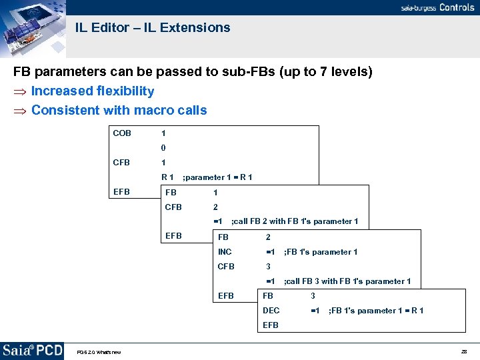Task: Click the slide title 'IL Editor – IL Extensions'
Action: pyautogui.click(x=153, y=28)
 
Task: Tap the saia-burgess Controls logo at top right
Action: pyautogui.click(x=437, y=8)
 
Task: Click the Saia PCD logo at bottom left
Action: pyautogui.click(x=32, y=351)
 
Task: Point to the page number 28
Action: pyautogui.click(x=463, y=351)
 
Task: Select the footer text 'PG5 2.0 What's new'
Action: pyautogui.click(x=99, y=352)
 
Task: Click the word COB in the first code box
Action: pyautogui.click(x=122, y=133)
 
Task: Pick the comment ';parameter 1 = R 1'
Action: pyautogui.click(x=217, y=177)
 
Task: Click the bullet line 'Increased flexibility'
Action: pyautogui.click(x=92, y=91)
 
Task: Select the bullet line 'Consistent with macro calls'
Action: pyautogui.click(x=119, y=111)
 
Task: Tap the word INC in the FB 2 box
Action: pyautogui.click(x=225, y=252)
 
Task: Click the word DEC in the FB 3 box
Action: pyautogui.click(x=271, y=311)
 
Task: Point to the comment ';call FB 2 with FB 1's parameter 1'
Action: pyautogui.click(x=294, y=221)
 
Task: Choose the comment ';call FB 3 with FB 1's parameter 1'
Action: pyautogui.click(x=347, y=281)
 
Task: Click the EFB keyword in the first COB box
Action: pyautogui.click(x=122, y=192)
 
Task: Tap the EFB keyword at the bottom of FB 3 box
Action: pyautogui.click(x=271, y=325)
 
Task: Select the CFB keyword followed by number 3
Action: pyautogui.click(x=227, y=267)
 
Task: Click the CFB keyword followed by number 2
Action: pyautogui.click(x=173, y=207)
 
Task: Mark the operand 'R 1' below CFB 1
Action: pyautogui.click(x=167, y=177)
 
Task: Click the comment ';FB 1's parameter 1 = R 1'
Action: pyautogui.click(x=376, y=311)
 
